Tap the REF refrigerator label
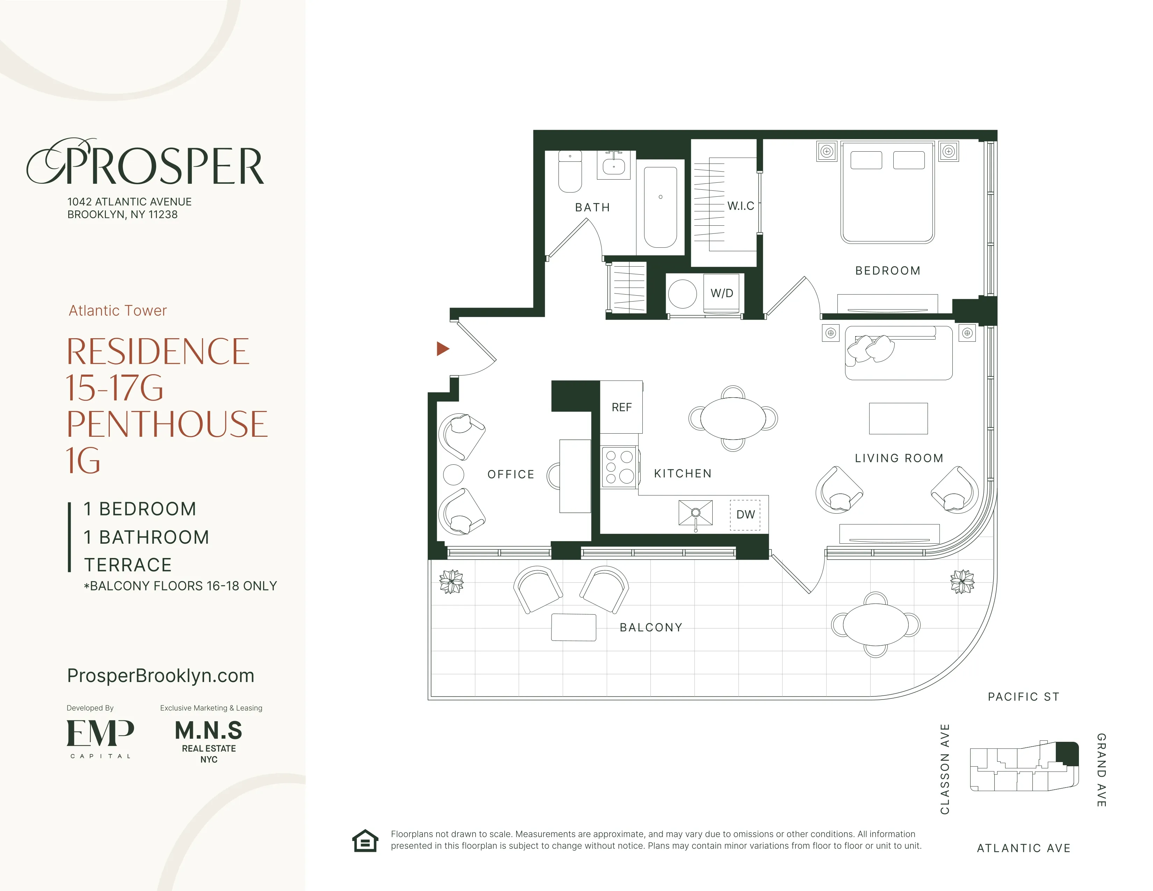click(621, 407)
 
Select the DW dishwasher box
click(745, 515)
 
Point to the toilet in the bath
click(570, 172)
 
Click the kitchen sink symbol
click(695, 513)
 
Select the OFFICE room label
click(511, 475)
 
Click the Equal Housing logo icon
click(365, 841)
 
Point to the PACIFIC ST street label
click(1023, 697)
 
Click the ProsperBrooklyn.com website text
click(160, 676)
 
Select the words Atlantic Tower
click(118, 310)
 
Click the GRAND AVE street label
click(1101, 770)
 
